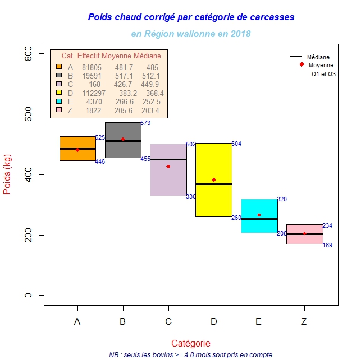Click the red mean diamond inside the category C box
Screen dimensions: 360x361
pos(168,167)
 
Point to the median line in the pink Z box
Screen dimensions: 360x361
pos(305,234)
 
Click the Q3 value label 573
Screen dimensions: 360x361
pos(145,123)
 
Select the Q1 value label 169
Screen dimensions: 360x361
pos(328,246)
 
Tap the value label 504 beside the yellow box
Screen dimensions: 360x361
pos(236,144)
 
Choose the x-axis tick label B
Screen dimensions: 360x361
pos(123,321)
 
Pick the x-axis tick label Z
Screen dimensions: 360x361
pos(304,321)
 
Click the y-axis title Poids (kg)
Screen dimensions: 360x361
pos(7,174)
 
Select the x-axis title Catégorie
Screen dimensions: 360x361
pos(191,343)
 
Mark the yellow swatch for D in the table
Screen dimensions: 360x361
pos(59,93)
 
